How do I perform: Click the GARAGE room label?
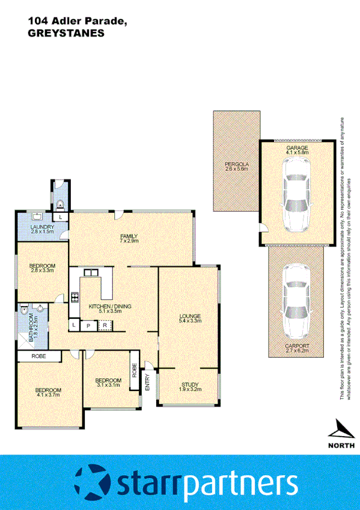(297, 147)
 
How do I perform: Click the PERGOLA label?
(237, 164)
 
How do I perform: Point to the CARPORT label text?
(297, 346)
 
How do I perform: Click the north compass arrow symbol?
(340, 428)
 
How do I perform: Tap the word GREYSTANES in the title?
(66, 34)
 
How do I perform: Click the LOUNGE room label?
(189, 316)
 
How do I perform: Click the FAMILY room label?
(129, 236)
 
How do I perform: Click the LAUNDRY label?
(42, 227)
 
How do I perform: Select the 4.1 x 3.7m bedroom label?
(48, 390)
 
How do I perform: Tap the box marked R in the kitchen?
(104, 325)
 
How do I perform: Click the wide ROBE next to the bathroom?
(40, 357)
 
